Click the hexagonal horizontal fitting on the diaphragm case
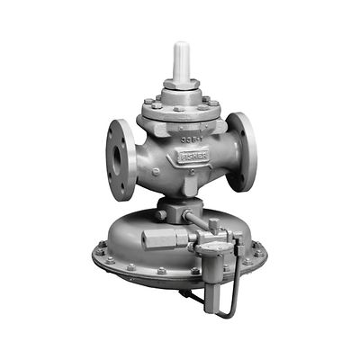(159, 240)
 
